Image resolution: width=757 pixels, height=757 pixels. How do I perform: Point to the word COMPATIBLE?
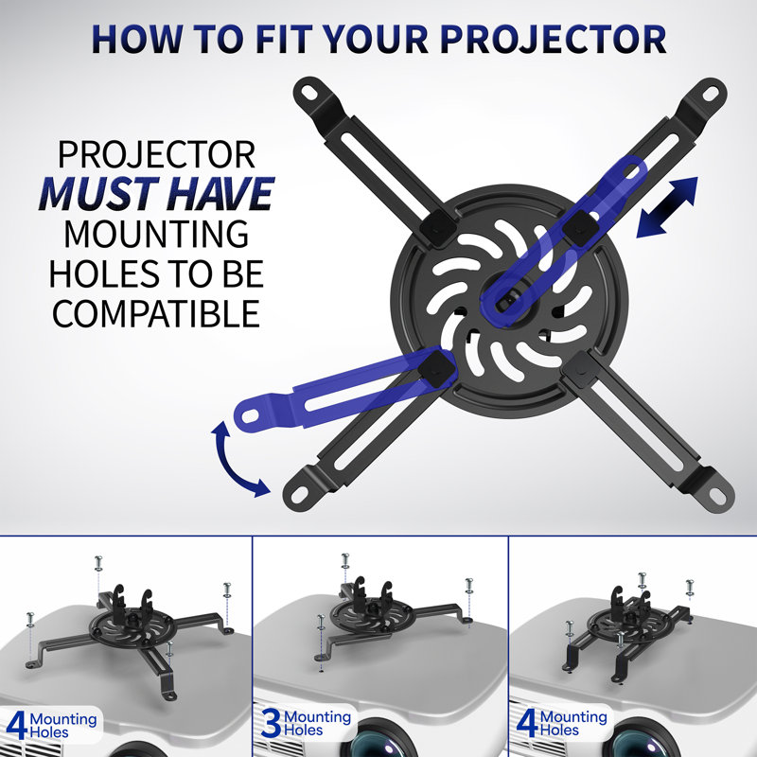156,311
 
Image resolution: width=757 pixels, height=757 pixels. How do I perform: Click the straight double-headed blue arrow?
666,206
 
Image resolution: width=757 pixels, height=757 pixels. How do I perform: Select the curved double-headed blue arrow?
237,460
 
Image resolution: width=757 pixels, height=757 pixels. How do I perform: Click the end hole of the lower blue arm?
249,413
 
